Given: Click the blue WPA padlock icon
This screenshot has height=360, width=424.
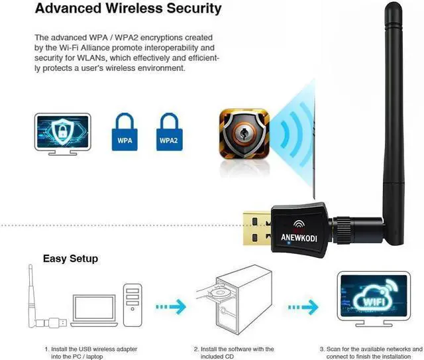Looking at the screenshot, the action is (x=125, y=132).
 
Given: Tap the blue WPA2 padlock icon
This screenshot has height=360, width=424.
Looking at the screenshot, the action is (x=170, y=132).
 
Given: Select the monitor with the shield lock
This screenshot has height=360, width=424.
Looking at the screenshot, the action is (x=63, y=134).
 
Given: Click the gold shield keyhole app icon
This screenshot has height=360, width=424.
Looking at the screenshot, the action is (x=244, y=134).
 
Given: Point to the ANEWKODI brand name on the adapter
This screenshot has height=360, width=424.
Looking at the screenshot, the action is (x=299, y=237).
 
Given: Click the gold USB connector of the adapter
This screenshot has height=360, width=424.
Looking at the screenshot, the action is (x=257, y=229).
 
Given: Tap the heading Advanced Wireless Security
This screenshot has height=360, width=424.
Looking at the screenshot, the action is (x=128, y=8).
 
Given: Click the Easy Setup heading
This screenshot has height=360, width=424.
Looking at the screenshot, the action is (x=70, y=259).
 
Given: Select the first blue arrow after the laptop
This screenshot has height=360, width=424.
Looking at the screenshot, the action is (x=171, y=307).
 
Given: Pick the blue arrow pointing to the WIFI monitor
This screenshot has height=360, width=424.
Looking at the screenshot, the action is (x=303, y=307).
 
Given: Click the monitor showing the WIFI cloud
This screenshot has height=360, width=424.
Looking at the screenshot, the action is (x=374, y=299).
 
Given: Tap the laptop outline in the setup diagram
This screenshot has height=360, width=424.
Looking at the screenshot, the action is (x=94, y=310).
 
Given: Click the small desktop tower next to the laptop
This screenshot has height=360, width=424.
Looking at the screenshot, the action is (x=132, y=305).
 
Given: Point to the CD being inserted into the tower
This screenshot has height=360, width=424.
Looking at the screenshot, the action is (x=219, y=293).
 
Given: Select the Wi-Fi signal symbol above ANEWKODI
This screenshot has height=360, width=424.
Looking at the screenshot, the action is (x=299, y=224).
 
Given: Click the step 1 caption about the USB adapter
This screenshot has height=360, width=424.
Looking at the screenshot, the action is (x=91, y=353).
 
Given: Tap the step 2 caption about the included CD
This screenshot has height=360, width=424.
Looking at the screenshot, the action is (x=234, y=353).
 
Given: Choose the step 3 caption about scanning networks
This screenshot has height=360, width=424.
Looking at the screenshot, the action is (x=371, y=353).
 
